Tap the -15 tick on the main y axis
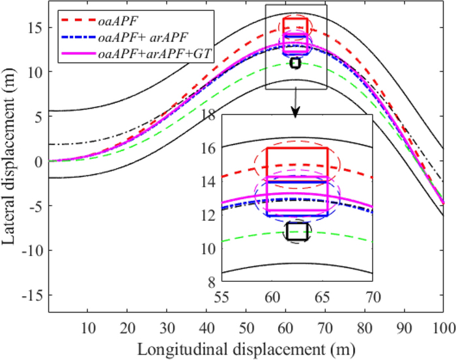[33, 296]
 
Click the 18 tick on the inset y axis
[207, 116]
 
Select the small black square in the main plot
[295, 63]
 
